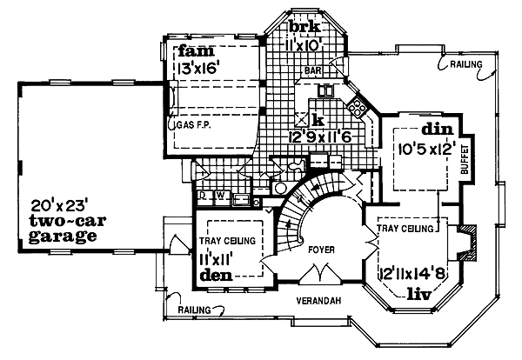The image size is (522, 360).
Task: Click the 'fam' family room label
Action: point(191,51)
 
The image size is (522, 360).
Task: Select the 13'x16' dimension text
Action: point(199,66)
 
